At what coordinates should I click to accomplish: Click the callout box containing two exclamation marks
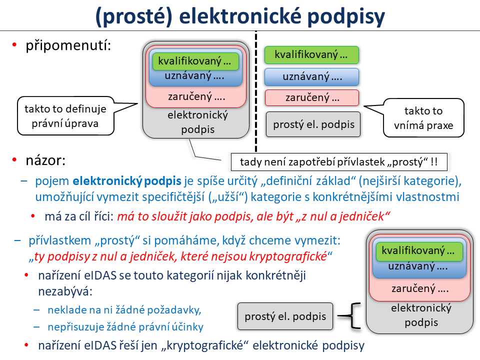click(340, 162)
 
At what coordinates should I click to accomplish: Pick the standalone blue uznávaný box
click(312, 76)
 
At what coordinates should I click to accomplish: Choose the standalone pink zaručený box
click(312, 97)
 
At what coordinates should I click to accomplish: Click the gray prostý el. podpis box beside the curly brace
click(285, 316)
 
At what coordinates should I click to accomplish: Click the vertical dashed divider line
click(255, 90)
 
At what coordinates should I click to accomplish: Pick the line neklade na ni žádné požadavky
click(124, 310)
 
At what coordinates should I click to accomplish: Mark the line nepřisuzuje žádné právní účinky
click(125, 327)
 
